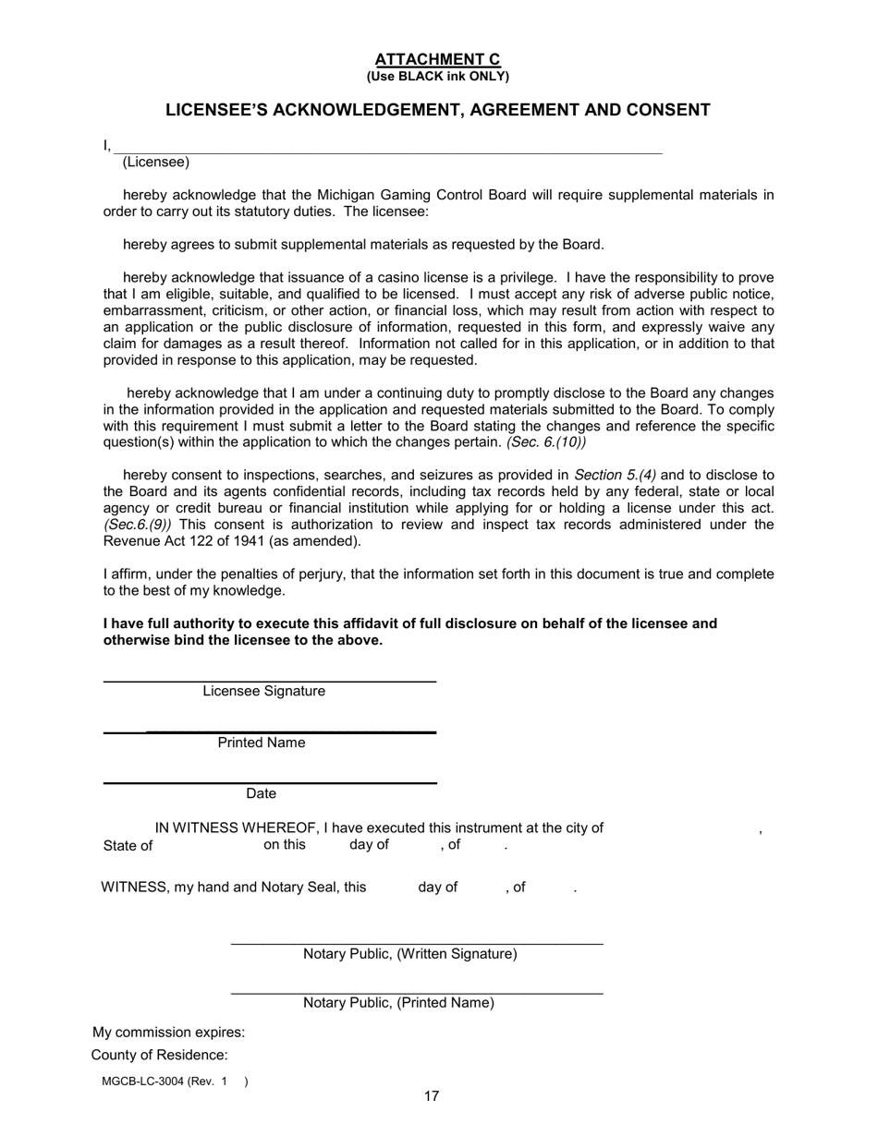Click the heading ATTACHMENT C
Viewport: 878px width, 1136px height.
(x=437, y=60)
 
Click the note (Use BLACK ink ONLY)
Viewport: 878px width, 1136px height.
(x=437, y=76)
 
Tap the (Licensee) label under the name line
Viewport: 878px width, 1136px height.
(x=155, y=163)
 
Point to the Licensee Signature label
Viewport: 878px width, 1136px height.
(x=263, y=691)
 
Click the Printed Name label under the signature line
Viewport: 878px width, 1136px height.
(x=262, y=743)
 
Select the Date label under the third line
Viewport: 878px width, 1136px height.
(x=261, y=793)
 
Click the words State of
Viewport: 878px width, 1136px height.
(x=128, y=845)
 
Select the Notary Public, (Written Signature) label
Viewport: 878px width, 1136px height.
(x=410, y=953)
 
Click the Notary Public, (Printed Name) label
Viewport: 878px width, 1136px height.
(x=398, y=1002)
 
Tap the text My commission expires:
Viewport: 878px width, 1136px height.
(x=169, y=1032)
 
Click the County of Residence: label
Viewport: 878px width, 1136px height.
(x=159, y=1055)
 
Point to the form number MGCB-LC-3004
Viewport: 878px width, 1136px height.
(x=144, y=1082)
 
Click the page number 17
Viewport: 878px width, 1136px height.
(x=432, y=1096)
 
